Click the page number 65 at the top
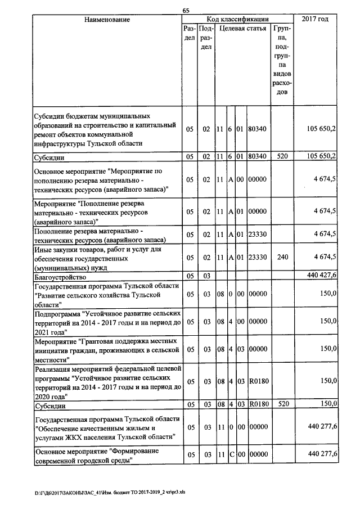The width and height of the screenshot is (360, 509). (186, 10)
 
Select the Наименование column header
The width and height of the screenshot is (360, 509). (107, 20)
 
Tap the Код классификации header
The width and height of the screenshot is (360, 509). (237, 20)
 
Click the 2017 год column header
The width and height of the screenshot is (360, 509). (315, 20)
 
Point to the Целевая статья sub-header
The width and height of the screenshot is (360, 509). (242, 28)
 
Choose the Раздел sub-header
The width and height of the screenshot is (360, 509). (190, 33)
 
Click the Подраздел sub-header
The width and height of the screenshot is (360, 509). (206, 37)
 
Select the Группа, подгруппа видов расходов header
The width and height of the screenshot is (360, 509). (281, 59)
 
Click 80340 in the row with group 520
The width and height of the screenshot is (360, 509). (257, 156)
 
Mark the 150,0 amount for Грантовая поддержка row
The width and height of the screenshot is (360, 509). (328, 350)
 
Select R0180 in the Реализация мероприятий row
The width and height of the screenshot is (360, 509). (257, 381)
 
